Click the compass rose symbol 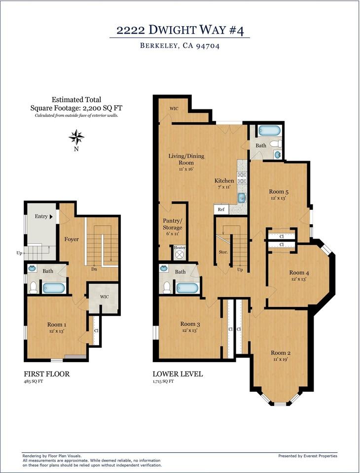76,137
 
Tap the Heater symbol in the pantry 180,255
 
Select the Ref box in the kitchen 221,209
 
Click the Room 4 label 299,272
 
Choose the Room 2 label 281,353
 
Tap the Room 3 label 190,324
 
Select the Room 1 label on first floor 57,325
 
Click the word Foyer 72,239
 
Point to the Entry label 41,216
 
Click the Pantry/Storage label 173,224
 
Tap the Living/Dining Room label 186,159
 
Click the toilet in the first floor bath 34,287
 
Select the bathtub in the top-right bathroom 270,131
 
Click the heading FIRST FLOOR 47,374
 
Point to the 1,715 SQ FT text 163,381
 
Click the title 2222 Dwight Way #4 180,30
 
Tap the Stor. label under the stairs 223,252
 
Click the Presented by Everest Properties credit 308,456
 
